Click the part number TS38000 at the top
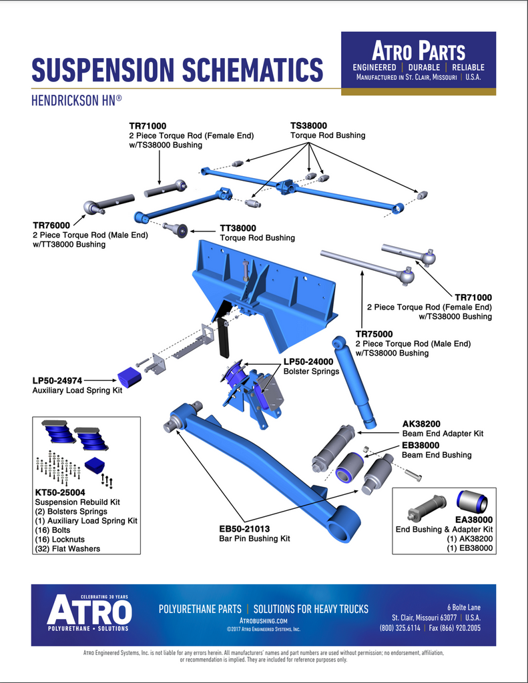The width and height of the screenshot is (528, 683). [x=308, y=125]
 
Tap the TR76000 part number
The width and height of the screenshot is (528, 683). [x=51, y=225]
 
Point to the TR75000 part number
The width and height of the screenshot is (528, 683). [x=374, y=333]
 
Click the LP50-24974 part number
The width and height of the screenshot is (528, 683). [x=57, y=380]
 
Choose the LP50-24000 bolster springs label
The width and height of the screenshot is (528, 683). [x=308, y=361]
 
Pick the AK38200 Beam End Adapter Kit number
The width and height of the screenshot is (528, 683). [x=421, y=423]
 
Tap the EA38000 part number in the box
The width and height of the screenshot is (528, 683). [x=474, y=519]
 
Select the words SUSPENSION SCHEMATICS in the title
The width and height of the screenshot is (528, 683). [x=178, y=70]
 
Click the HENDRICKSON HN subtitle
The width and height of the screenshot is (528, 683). [x=75, y=101]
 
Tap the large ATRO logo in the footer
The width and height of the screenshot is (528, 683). [x=89, y=610]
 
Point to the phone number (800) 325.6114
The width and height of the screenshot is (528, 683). [x=400, y=628]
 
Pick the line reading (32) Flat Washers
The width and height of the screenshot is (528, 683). [x=67, y=549]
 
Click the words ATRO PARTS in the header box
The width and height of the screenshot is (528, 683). [x=419, y=51]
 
